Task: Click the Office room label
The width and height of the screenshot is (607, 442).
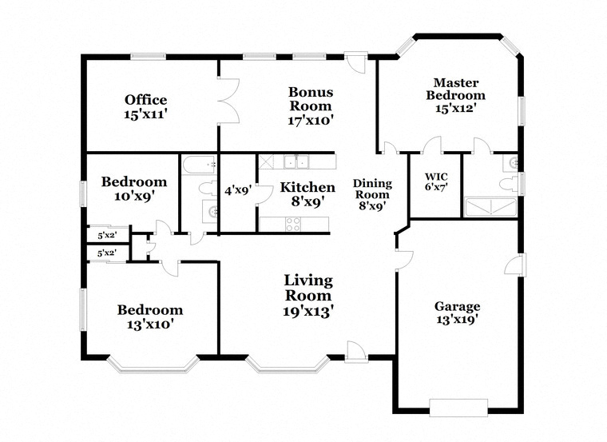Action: coord(145,100)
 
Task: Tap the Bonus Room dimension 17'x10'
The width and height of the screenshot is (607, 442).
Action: coord(311,121)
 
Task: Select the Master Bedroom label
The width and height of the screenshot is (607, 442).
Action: coord(455,89)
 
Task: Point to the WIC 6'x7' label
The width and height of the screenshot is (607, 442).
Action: coord(436,182)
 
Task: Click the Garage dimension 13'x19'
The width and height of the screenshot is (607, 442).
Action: coord(457,320)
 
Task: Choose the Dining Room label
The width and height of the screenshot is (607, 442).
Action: coord(372,189)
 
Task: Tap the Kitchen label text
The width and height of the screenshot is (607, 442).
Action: coord(307,188)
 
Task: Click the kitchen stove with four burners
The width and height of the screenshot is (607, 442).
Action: coord(293,224)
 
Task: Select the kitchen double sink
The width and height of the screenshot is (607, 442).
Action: coord(296,161)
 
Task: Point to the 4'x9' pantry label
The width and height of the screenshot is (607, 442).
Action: coord(239,190)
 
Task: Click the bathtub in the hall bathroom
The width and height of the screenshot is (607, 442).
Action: coord(200,165)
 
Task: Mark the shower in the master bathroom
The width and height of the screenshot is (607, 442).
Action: coord(490,207)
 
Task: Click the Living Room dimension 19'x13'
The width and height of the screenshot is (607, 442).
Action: coord(308,311)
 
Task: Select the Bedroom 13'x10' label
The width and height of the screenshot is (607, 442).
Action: coord(150,317)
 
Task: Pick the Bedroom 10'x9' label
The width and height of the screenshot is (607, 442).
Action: coord(134,189)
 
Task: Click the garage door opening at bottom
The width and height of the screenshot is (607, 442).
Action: coord(458,408)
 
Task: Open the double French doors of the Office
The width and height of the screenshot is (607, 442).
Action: coord(229,102)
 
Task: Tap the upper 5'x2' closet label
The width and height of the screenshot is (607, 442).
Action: coord(107,235)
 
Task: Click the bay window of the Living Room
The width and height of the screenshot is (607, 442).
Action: coord(288,364)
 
